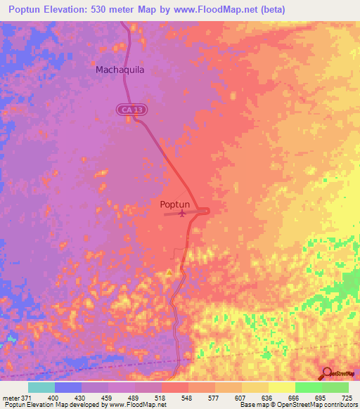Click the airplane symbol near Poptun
[184, 213]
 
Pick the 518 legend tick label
[161, 398]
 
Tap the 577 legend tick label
[214, 398]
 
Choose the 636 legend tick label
[268, 398]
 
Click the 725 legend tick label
[347, 398]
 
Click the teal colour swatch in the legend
[41, 387]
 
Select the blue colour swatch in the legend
[68, 387]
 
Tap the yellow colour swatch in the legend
[281, 387]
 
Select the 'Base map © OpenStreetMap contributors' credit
[299, 405]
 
